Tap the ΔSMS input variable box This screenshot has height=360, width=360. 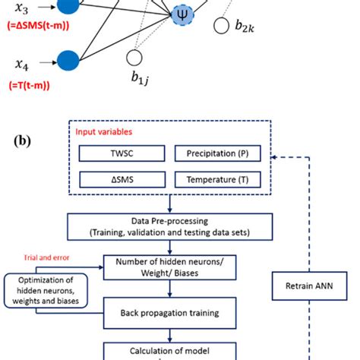pyautogui.click(x=119, y=179)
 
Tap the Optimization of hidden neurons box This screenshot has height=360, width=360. pyautogui.click(x=47, y=292)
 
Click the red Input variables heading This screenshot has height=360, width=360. pyautogui.click(x=102, y=131)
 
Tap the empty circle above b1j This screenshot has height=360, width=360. pyautogui.click(x=134, y=58)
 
